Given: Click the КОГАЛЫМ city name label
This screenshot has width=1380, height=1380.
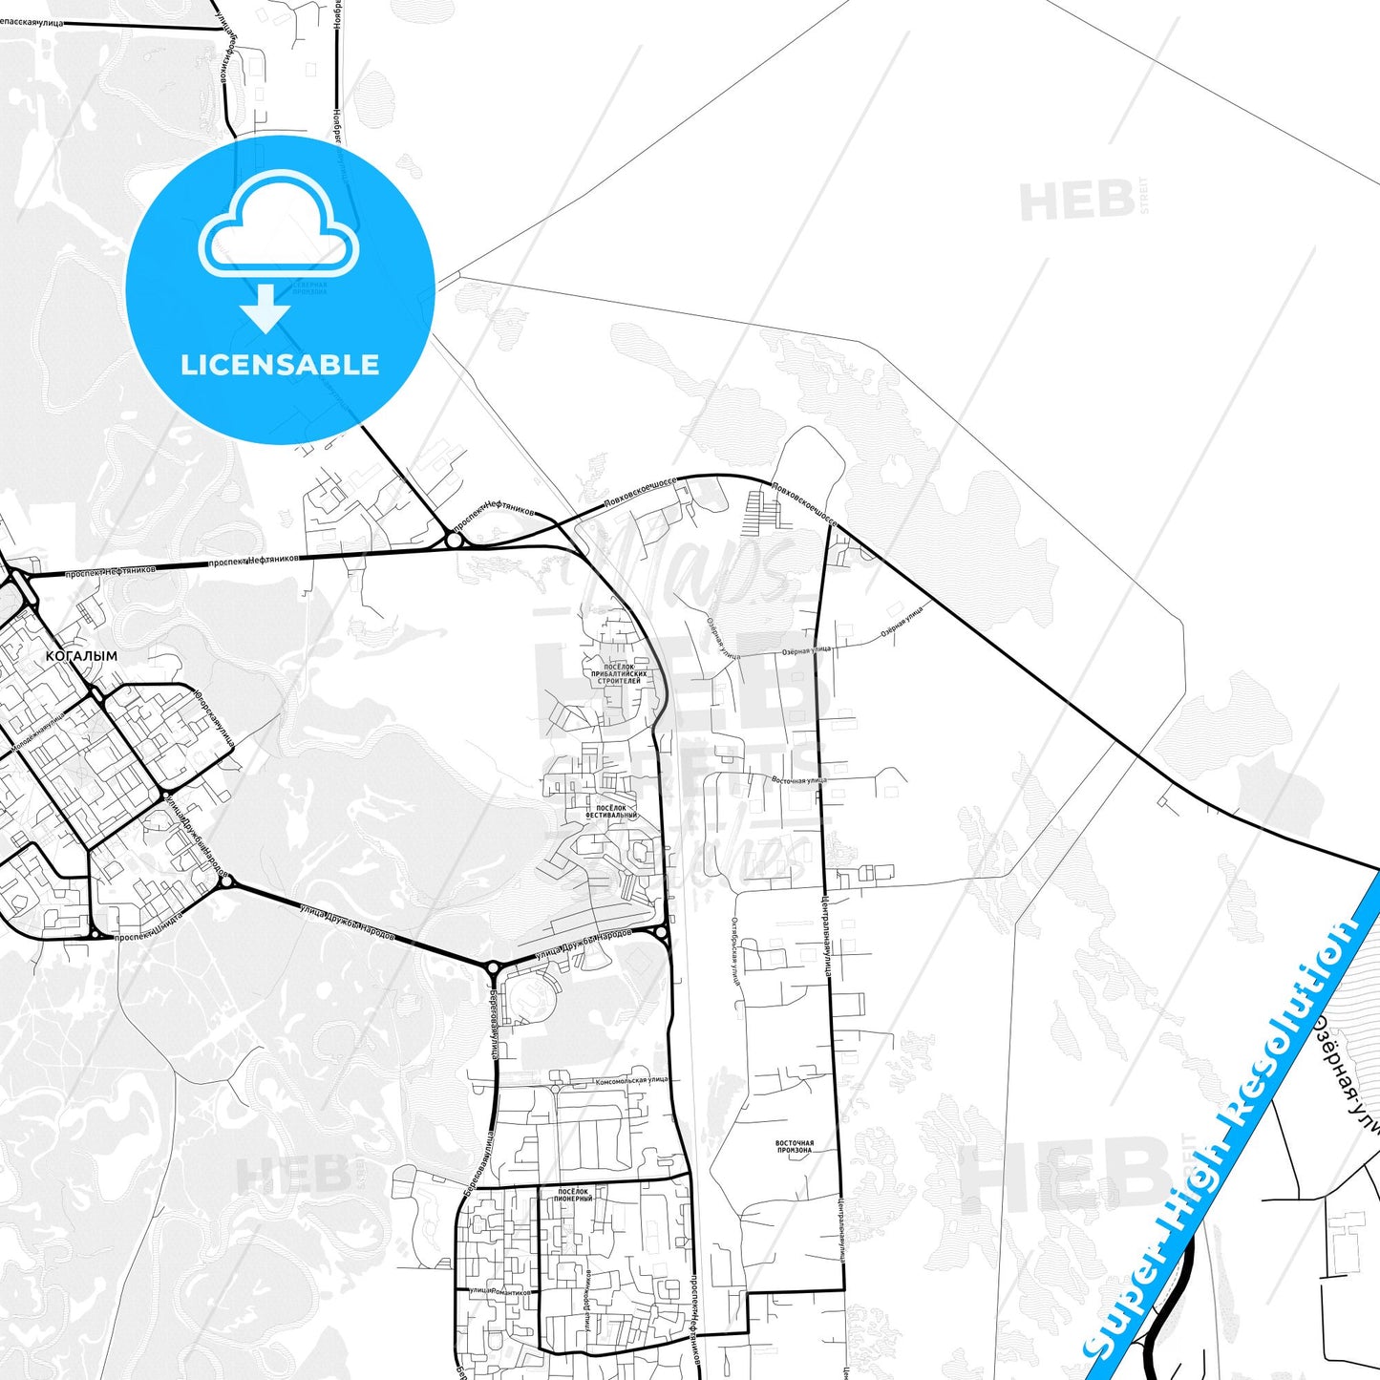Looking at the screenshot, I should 81,657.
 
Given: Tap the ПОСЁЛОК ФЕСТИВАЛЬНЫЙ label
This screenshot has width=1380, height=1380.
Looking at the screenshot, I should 611,812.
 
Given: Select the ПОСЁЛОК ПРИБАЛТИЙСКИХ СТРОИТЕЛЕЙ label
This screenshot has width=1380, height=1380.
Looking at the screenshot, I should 619,674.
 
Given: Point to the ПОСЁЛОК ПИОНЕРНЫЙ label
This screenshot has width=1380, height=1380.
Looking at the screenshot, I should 573,1195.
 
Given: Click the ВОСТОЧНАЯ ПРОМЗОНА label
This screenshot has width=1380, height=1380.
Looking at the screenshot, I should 795,1146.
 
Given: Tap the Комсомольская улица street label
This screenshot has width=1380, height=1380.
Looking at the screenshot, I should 631,1080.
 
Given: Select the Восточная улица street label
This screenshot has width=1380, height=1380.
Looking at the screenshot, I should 799,780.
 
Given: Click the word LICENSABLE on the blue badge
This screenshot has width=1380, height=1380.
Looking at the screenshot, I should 280,365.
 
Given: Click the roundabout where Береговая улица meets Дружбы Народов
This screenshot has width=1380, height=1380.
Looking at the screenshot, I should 492,967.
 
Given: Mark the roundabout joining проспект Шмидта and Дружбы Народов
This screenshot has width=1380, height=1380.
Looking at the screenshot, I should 225,881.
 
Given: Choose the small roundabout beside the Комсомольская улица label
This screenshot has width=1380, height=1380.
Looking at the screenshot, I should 556,1088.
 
